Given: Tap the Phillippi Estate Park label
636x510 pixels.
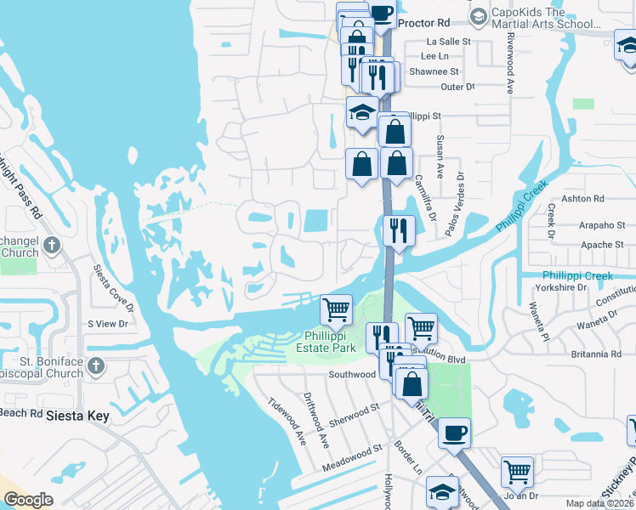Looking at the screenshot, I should tap(338, 342).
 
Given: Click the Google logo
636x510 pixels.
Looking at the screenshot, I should tap(28, 500).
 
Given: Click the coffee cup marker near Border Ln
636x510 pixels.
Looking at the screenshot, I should tap(455, 432).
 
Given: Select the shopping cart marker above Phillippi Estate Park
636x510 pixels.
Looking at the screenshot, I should tap(337, 309).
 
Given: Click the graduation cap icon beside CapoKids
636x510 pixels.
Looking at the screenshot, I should tap(479, 16).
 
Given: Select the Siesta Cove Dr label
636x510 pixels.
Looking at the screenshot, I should tap(113, 290).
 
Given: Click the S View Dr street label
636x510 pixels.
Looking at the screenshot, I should tap(107, 324).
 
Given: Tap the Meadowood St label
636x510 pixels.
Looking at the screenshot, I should tap(354, 460).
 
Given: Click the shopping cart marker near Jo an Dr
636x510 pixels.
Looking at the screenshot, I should tap(517, 470).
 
